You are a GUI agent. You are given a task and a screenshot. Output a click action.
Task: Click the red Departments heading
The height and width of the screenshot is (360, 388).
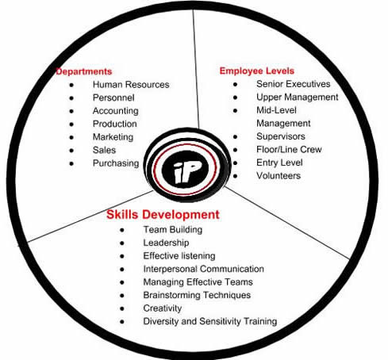(x=84, y=71)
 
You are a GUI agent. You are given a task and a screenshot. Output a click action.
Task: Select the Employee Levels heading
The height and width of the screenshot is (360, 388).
(x=257, y=71)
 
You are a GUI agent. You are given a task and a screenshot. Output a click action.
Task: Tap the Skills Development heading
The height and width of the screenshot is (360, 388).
(x=163, y=214)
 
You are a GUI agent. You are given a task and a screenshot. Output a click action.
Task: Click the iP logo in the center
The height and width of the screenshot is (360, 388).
(x=186, y=168)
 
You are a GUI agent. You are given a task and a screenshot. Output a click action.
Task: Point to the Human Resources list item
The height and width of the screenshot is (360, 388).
(x=131, y=85)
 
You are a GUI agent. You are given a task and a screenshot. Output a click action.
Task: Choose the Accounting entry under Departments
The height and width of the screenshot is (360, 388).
(x=116, y=111)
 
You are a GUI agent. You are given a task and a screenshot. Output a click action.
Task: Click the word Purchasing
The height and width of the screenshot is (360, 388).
(x=116, y=163)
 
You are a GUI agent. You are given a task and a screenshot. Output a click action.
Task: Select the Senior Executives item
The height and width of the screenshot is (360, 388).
(x=294, y=84)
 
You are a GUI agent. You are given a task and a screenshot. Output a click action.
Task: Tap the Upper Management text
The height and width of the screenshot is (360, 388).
(x=298, y=98)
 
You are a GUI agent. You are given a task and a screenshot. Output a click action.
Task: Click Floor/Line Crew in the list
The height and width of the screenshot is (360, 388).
(x=289, y=149)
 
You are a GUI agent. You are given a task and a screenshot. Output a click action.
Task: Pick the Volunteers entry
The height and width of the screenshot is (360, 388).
(x=279, y=175)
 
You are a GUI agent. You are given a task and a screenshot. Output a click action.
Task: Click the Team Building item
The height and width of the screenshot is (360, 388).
(x=173, y=230)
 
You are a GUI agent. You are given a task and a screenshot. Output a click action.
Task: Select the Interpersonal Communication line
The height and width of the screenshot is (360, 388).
(x=204, y=269)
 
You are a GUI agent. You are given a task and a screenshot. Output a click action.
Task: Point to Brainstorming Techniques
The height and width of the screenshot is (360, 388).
(x=197, y=295)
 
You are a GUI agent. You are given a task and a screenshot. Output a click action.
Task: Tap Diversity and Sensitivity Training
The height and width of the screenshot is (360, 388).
(x=210, y=321)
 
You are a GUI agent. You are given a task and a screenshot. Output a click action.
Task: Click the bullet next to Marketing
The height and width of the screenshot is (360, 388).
(x=71, y=137)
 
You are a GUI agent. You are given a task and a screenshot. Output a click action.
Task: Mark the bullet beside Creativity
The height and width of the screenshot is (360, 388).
(x=122, y=308)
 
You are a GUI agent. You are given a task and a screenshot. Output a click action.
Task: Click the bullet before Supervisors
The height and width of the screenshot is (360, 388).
(x=235, y=136)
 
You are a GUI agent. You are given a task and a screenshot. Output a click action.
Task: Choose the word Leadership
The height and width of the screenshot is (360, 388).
(x=166, y=243)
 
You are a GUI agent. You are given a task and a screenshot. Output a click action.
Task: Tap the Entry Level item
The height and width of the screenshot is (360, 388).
(x=279, y=163)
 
